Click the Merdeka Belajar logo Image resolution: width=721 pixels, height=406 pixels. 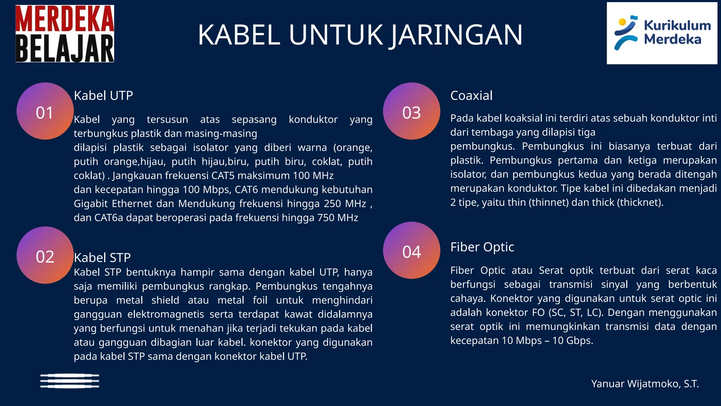coord(65,34)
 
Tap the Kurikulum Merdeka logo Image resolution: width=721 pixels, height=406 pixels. coord(662,33)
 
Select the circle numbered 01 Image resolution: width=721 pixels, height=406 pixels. coord(45,111)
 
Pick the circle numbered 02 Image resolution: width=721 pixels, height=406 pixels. coord(45,255)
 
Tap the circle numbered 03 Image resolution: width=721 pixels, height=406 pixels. coord(412,111)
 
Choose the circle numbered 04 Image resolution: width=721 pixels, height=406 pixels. coord(412,251)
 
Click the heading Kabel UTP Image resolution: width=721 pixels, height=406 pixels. coord(104,96)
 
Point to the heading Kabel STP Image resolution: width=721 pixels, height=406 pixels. coord(102,258)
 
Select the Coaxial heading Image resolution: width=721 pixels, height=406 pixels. coord(471,96)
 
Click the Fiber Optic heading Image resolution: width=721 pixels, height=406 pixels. coord(482,247)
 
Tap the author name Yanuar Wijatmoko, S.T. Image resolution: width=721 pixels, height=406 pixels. coord(645,384)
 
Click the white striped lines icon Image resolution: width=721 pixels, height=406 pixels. coord(70,381)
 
